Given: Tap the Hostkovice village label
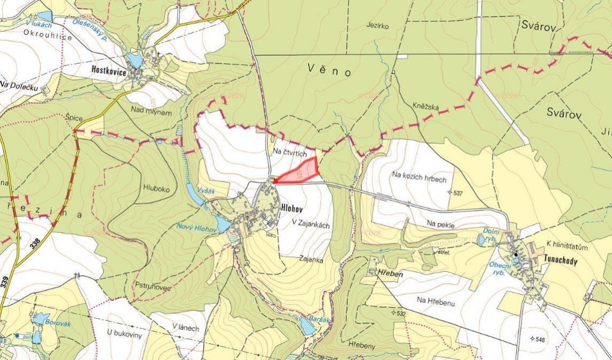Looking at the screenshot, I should click(109, 70).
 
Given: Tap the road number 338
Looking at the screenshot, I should click(35, 242).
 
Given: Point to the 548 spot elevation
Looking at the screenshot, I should click(538, 339).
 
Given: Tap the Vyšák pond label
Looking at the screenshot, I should click(206, 191).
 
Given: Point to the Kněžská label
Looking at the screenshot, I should click(426, 107).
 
